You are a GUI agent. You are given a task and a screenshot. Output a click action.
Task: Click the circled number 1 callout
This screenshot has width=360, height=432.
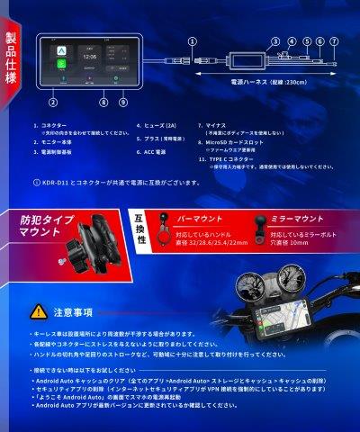[x=192, y=40]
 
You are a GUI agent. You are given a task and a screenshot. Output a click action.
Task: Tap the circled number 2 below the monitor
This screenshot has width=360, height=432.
[x=52, y=103]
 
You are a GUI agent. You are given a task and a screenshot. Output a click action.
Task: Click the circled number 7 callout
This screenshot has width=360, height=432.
[x=334, y=40]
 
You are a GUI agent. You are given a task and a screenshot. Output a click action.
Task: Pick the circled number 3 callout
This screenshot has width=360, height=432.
[x=274, y=40]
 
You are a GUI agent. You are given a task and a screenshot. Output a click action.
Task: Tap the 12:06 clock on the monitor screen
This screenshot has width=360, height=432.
[x=89, y=55]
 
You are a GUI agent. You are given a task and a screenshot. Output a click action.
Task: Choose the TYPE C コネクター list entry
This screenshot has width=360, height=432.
[x=235, y=158]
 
